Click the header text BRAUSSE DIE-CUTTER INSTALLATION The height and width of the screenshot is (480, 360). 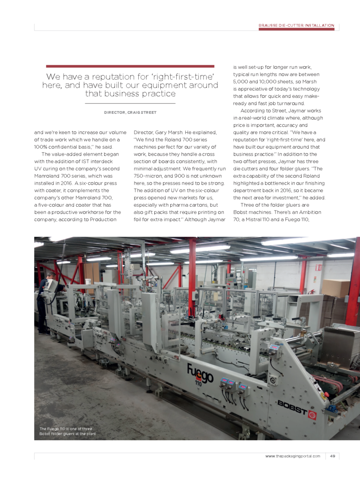pyautogui.click(x=296, y=25)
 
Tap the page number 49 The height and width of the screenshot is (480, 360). pyautogui.click(x=332, y=456)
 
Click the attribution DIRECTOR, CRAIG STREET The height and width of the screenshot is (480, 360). pyautogui.click(x=130, y=112)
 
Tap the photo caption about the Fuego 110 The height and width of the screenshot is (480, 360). pyautogui.click(x=67, y=432)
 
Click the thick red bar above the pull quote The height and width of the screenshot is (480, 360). pyautogui.click(x=130, y=66)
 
